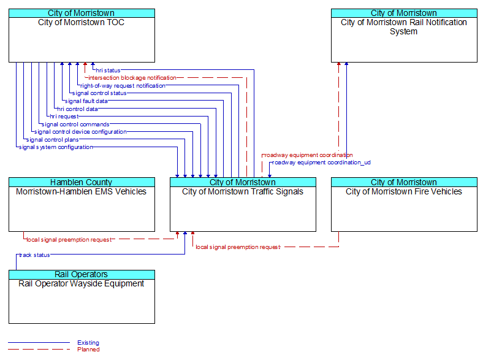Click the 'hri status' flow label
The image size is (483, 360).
[108, 71]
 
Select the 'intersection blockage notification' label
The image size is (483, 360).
[132, 78]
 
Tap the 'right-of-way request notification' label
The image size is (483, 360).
[123, 86]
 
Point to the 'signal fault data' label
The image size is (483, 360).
[86, 101]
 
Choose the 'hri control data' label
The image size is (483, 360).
[78, 109]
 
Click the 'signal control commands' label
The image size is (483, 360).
[75, 124]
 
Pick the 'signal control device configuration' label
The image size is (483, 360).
[80, 132]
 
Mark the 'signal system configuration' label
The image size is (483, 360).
[56, 147]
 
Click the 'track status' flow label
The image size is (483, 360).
[34, 255]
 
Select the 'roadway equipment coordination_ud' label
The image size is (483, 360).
[322, 163]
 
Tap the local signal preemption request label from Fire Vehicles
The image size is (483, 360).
[238, 247]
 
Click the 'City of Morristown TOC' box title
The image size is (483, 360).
[82, 22]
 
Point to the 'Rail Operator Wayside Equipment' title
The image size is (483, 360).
[82, 283]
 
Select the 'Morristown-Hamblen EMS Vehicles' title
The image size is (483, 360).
[82, 191]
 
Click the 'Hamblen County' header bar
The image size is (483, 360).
[82, 182]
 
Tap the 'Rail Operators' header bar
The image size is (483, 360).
[82, 274]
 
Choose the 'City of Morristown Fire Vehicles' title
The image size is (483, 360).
[404, 191]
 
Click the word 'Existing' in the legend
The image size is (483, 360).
[88, 342]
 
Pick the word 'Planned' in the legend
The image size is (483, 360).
[88, 349]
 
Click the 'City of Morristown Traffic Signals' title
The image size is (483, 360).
[243, 191]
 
